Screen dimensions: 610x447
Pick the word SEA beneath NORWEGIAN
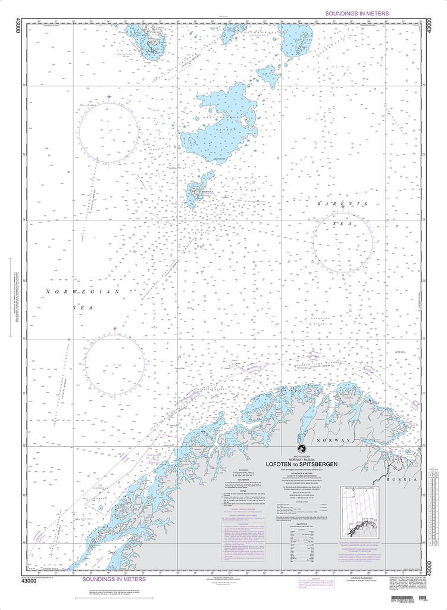pos(79,307)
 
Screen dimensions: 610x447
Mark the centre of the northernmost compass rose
pos(93,130)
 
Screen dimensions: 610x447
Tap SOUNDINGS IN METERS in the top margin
pos(356,13)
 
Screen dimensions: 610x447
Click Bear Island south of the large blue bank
pos(194,192)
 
